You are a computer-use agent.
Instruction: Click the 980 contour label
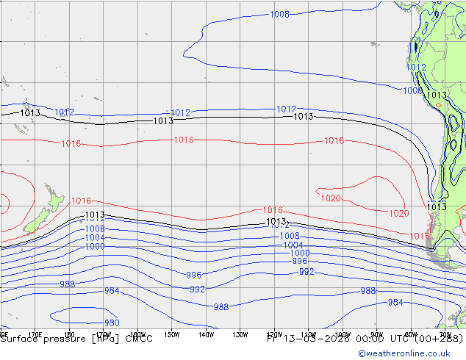[112, 323]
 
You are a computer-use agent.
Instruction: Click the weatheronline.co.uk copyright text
[409, 353]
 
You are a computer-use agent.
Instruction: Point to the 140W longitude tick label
[206, 334]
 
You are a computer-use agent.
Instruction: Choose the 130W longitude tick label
[240, 334]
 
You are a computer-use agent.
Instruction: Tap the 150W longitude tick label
[172, 334]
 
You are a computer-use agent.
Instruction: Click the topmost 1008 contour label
[279, 14]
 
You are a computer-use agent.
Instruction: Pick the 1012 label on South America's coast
[416, 67]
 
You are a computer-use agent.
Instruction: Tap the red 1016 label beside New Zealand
[81, 201]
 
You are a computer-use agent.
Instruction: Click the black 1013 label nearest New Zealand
[95, 215]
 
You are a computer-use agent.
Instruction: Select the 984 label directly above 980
[112, 291]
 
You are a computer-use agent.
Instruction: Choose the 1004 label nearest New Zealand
[95, 237]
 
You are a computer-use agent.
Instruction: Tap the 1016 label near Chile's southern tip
[419, 236]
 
